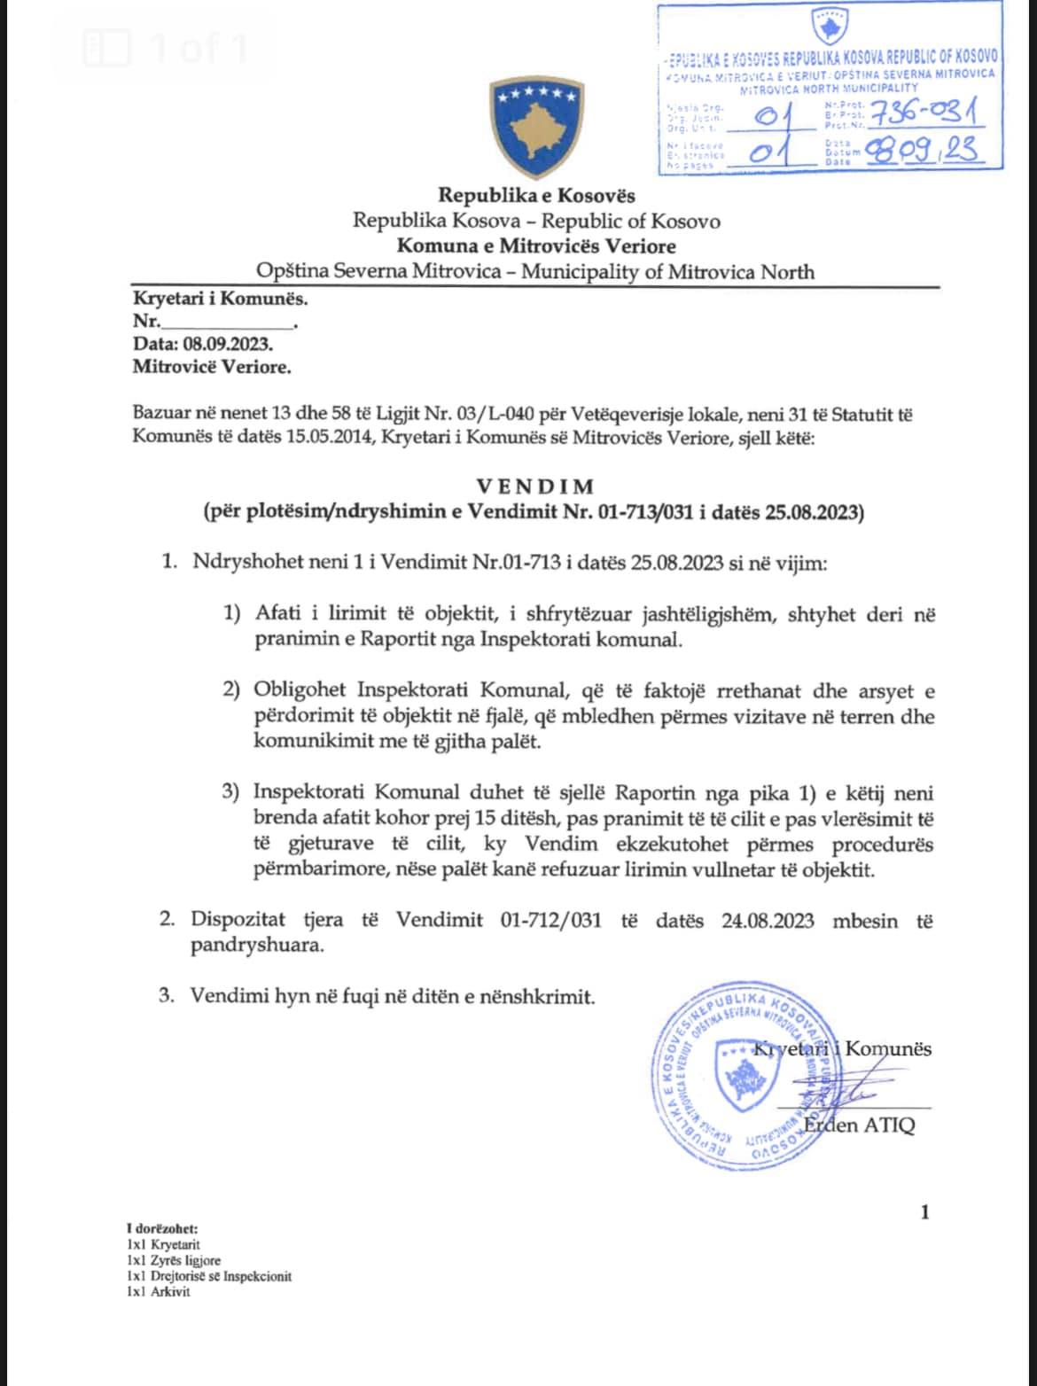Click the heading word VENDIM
click(535, 487)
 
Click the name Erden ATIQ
click(859, 1126)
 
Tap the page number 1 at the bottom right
click(924, 1211)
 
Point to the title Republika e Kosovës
click(536, 195)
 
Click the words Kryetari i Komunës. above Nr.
click(220, 299)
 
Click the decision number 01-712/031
click(550, 921)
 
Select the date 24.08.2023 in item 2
click(767, 921)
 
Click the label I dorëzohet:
click(162, 1229)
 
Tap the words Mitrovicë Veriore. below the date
click(211, 366)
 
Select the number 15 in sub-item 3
click(485, 820)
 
